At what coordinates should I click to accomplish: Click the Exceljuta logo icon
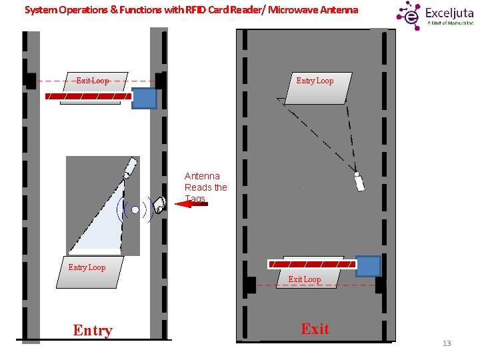coord(410,14)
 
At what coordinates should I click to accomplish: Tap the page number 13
coord(447,343)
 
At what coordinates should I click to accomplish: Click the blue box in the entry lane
coord(144,98)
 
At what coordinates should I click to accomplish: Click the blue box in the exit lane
coord(368,266)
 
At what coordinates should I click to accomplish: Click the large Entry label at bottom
coord(93,330)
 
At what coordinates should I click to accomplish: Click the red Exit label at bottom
coord(315,329)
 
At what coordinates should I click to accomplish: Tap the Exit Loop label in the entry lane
coord(93,81)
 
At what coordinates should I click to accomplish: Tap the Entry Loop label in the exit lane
coord(315,81)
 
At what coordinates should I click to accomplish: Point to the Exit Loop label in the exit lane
coord(304,279)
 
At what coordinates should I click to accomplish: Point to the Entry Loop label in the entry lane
coord(87,267)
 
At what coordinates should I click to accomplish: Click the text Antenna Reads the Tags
coord(205,187)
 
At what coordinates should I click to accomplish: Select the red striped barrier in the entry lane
coord(88,97)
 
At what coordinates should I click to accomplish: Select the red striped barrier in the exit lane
coord(311,264)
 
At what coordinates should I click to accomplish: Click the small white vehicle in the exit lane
coord(359,181)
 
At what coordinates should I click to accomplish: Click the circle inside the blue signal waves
coord(135,209)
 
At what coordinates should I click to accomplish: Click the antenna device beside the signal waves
coord(159,205)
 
